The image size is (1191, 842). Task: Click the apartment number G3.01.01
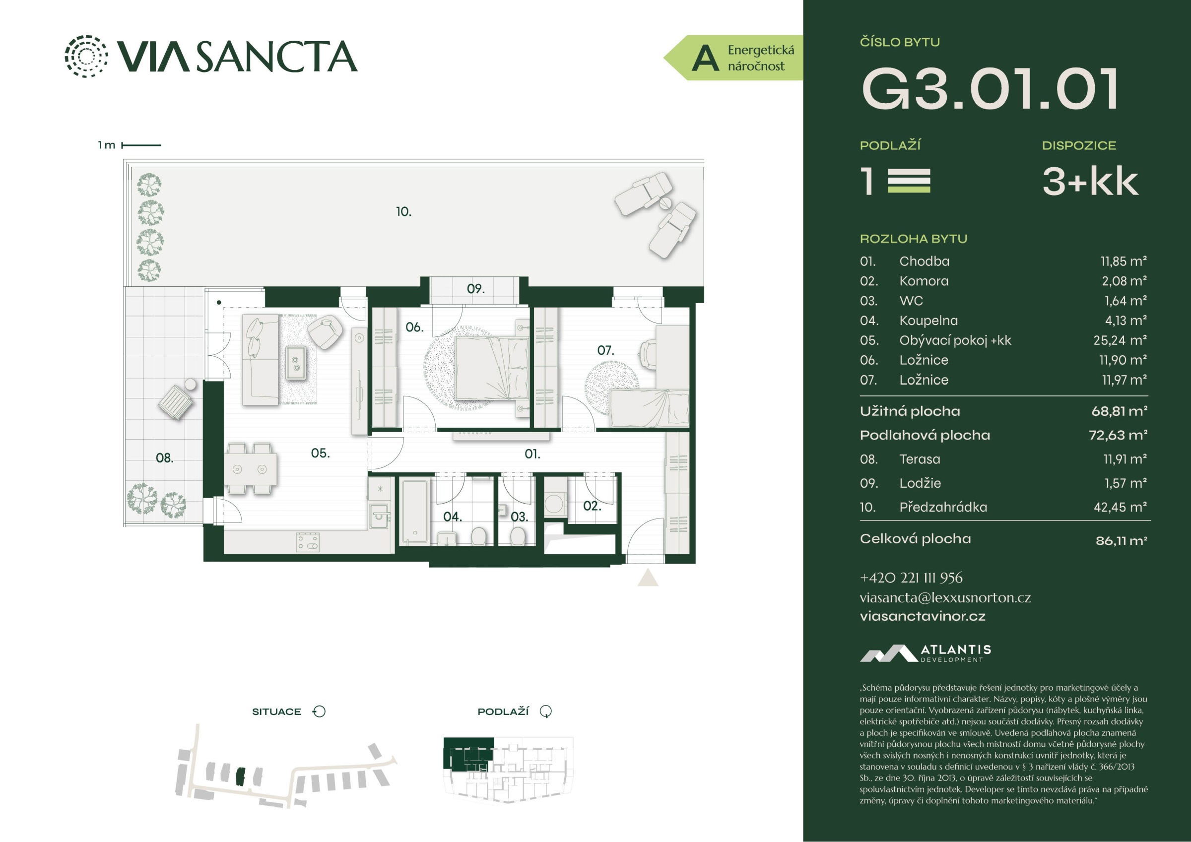click(x=990, y=89)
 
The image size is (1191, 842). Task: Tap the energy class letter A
click(x=706, y=58)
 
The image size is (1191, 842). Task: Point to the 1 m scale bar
click(x=141, y=145)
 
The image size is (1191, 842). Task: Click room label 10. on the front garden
click(x=403, y=212)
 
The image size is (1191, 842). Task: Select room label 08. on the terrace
click(x=164, y=458)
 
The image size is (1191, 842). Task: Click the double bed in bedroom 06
click(x=492, y=368)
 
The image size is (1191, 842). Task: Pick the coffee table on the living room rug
click(x=296, y=362)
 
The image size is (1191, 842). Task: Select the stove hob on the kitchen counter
click(x=308, y=542)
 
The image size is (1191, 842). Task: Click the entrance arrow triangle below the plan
click(x=648, y=578)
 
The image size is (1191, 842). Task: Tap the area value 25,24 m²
click(x=1120, y=340)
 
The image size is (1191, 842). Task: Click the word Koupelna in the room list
click(x=928, y=321)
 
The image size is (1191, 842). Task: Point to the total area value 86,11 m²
click(x=1121, y=541)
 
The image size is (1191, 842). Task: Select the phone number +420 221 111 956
click(x=911, y=578)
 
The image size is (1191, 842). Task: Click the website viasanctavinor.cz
click(x=923, y=616)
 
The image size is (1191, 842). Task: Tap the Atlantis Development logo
click(x=926, y=653)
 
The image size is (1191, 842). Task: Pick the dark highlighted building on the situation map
click(x=239, y=776)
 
